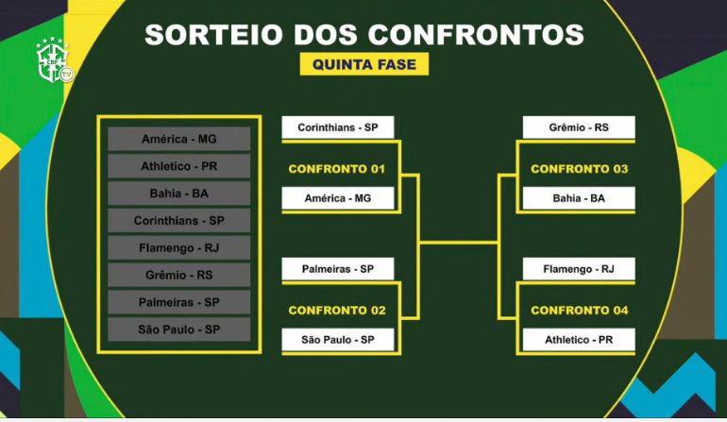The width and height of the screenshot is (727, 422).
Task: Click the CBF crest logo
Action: pyautogui.click(x=55, y=61)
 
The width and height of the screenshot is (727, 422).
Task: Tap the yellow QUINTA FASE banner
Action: pyautogui.click(x=363, y=64)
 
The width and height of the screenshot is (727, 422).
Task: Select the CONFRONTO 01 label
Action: pyautogui.click(x=337, y=169)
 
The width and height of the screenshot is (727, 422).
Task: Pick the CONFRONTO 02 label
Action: pyautogui.click(x=337, y=311)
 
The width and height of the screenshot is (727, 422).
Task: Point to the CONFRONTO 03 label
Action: pyautogui.click(x=579, y=169)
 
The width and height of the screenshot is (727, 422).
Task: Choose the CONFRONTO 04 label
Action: pyautogui.click(x=579, y=311)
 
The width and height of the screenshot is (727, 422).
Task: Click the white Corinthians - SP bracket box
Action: pyautogui.click(x=338, y=127)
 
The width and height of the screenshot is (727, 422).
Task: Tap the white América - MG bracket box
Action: pyautogui.click(x=338, y=198)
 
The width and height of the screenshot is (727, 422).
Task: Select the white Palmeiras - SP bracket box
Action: pyautogui.click(x=338, y=269)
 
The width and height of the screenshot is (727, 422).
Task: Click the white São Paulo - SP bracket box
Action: pyautogui.click(x=338, y=340)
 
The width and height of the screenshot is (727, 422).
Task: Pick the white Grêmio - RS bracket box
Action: pyautogui.click(x=579, y=127)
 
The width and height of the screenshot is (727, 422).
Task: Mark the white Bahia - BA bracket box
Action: pyautogui.click(x=579, y=198)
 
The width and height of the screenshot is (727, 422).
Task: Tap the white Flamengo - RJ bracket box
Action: pyautogui.click(x=579, y=269)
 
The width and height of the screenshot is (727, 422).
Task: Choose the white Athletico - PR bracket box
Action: pyautogui.click(x=579, y=340)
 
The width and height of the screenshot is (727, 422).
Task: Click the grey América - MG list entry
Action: pyautogui.click(x=179, y=139)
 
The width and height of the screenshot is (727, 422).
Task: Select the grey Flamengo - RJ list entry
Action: pyautogui.click(x=179, y=247)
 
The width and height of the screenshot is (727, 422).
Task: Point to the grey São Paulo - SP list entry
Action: pyautogui.click(x=179, y=329)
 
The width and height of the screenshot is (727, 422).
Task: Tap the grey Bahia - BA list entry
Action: pyautogui.click(x=179, y=193)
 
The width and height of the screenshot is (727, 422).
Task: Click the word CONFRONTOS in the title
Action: pyautogui.click(x=476, y=34)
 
